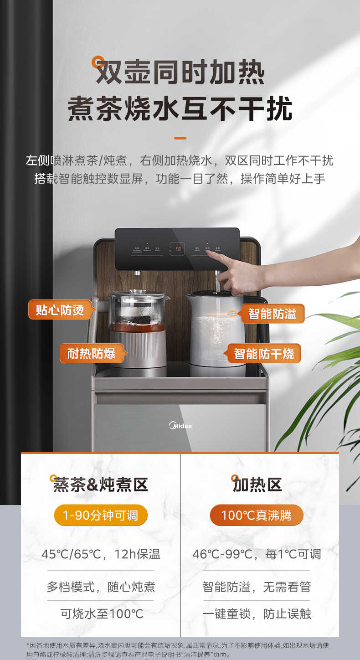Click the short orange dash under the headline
(180, 138)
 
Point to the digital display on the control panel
(177, 249)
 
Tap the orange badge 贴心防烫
(60, 309)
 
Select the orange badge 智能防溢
(272, 314)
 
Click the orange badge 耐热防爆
(91, 353)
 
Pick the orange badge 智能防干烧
(264, 353)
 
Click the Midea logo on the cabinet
(180, 426)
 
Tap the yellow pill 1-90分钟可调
(101, 516)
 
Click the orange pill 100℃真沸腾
(257, 516)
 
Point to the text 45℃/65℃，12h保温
(101, 554)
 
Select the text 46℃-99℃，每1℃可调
(257, 554)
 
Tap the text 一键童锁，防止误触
(257, 614)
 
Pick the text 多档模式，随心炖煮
(101, 586)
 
